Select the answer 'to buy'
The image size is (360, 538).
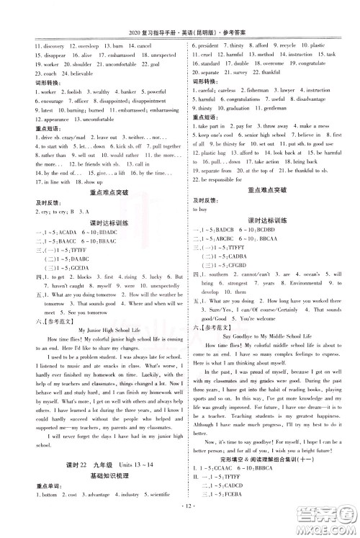click(199, 207)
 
